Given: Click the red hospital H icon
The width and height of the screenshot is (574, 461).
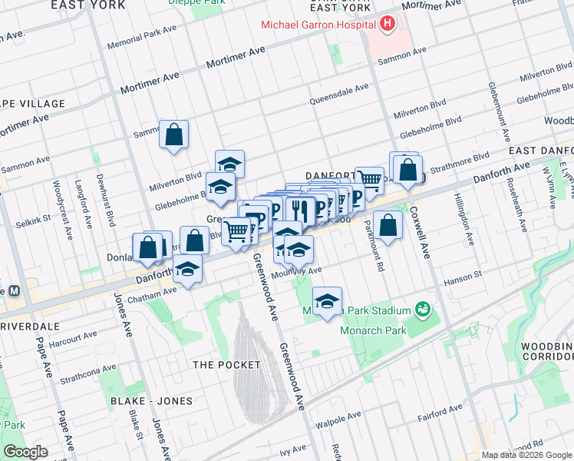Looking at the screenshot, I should (388, 24).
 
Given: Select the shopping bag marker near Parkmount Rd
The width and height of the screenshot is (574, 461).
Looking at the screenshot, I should (389, 225).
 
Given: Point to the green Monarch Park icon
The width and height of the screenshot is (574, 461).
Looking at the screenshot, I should (421, 310).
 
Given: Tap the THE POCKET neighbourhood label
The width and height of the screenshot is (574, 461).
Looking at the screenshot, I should (226, 364).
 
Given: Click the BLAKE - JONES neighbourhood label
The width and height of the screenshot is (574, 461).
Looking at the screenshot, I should (150, 401).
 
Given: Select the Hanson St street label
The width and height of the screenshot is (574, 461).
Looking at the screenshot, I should (465, 274).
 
